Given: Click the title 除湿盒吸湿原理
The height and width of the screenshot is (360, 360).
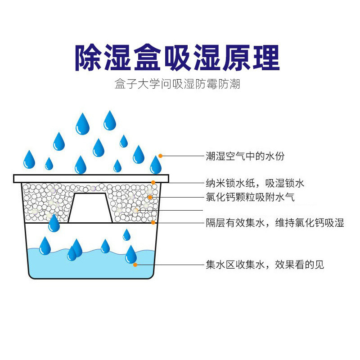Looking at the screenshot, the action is coord(177,58).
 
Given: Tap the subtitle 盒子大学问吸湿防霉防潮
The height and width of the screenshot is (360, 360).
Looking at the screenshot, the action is coord(177,84).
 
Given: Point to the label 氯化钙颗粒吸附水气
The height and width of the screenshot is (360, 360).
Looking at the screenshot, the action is coord(250,197).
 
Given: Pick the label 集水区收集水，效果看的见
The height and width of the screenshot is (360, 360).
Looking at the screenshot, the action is coord(265,265).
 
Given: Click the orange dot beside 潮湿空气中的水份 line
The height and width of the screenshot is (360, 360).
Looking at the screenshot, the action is coord(160,156).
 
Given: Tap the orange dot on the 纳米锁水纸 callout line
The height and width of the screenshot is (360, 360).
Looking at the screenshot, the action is coord(153,183).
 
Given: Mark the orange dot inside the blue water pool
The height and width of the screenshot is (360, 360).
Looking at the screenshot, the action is coord(135,265).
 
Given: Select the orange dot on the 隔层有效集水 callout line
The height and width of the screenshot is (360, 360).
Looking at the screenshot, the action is coord(153,222).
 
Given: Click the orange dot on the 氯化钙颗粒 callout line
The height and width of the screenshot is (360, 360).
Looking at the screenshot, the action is coord(149,197).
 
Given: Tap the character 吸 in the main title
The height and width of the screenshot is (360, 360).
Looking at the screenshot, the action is coord(177,58).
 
